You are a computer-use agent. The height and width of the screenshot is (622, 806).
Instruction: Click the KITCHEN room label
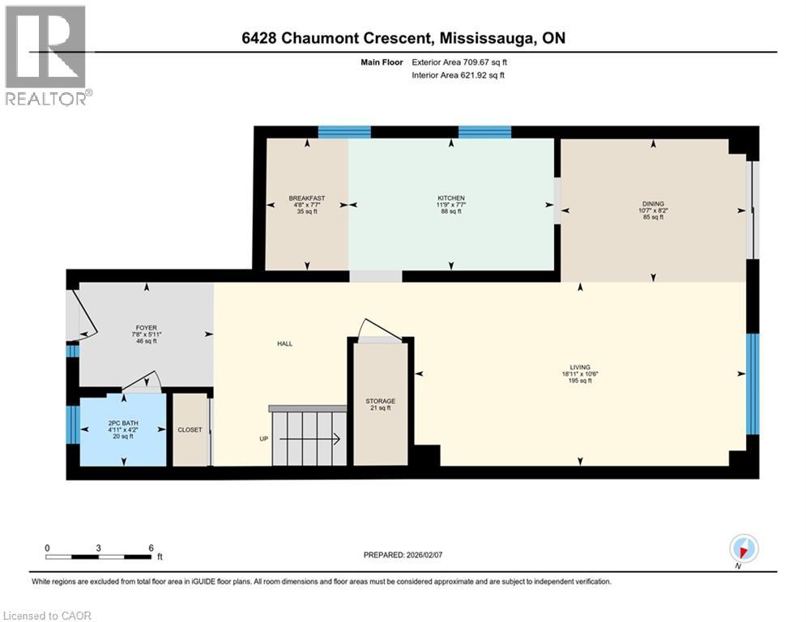click(451, 198)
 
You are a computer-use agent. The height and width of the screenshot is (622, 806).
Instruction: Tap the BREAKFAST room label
click(307, 198)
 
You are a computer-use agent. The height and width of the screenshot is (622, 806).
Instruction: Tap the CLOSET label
click(190, 430)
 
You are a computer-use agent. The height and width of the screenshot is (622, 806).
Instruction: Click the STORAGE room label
click(380, 401)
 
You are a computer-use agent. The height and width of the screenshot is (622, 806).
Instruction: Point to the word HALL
click(284, 343)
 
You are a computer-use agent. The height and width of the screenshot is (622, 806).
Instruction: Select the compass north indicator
click(744, 548)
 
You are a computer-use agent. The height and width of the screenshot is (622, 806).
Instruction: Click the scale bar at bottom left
click(98, 556)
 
